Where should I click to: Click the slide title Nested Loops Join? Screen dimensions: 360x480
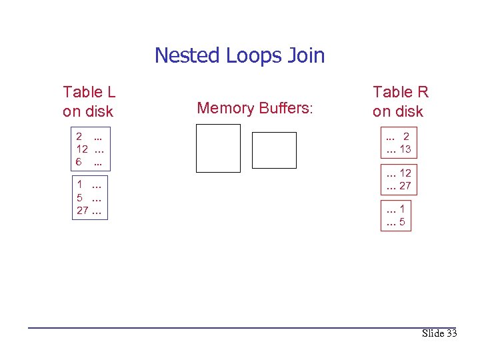click(x=239, y=55)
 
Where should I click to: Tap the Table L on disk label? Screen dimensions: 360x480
click(x=88, y=101)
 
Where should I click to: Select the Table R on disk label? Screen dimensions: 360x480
click(x=400, y=101)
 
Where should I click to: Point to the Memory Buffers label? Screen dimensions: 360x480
click(x=255, y=108)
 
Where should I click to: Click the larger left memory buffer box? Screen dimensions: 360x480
click(x=218, y=148)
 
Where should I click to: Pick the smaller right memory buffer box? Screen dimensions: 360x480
click(x=274, y=150)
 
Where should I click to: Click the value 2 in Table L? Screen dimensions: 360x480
click(x=79, y=138)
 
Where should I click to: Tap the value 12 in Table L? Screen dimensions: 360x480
click(x=82, y=150)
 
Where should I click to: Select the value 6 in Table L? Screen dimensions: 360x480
click(x=79, y=162)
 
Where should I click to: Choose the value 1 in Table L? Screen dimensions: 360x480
click(x=79, y=185)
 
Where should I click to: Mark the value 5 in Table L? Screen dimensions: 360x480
click(x=79, y=198)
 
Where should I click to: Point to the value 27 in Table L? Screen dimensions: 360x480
click(x=82, y=211)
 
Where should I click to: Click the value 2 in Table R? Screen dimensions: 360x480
click(x=407, y=137)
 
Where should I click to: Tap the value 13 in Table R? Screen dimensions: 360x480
click(x=405, y=149)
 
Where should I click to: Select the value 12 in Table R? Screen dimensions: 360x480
click(x=405, y=173)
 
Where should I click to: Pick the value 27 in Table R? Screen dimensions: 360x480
click(x=405, y=185)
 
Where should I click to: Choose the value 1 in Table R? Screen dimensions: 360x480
click(x=402, y=209)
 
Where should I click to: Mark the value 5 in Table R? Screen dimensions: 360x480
click(x=402, y=222)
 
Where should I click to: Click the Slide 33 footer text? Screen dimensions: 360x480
click(x=439, y=333)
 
